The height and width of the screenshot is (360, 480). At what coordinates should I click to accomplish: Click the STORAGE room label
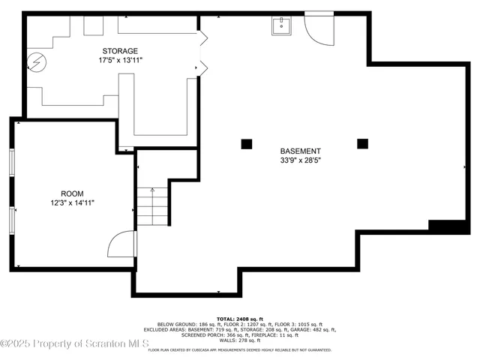pos(120,51)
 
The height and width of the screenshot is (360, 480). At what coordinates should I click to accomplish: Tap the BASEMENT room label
pos(301,151)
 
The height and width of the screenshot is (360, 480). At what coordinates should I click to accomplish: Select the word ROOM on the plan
pos(72,193)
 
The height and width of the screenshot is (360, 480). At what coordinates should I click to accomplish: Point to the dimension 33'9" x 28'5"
pos(301,160)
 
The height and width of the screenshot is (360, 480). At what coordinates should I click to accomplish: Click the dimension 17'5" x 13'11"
pos(120,60)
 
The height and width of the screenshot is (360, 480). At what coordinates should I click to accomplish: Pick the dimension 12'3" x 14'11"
pos(72,202)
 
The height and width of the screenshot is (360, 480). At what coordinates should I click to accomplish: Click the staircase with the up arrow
pos(152,203)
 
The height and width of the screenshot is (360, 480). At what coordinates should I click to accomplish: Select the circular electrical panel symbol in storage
pos(35,61)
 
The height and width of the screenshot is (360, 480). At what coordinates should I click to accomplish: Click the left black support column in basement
pos(246,143)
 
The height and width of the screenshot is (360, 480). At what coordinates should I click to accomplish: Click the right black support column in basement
pos(363,143)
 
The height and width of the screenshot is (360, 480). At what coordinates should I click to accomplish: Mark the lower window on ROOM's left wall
pos(11,220)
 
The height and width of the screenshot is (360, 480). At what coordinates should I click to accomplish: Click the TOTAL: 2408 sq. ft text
pos(240,318)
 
